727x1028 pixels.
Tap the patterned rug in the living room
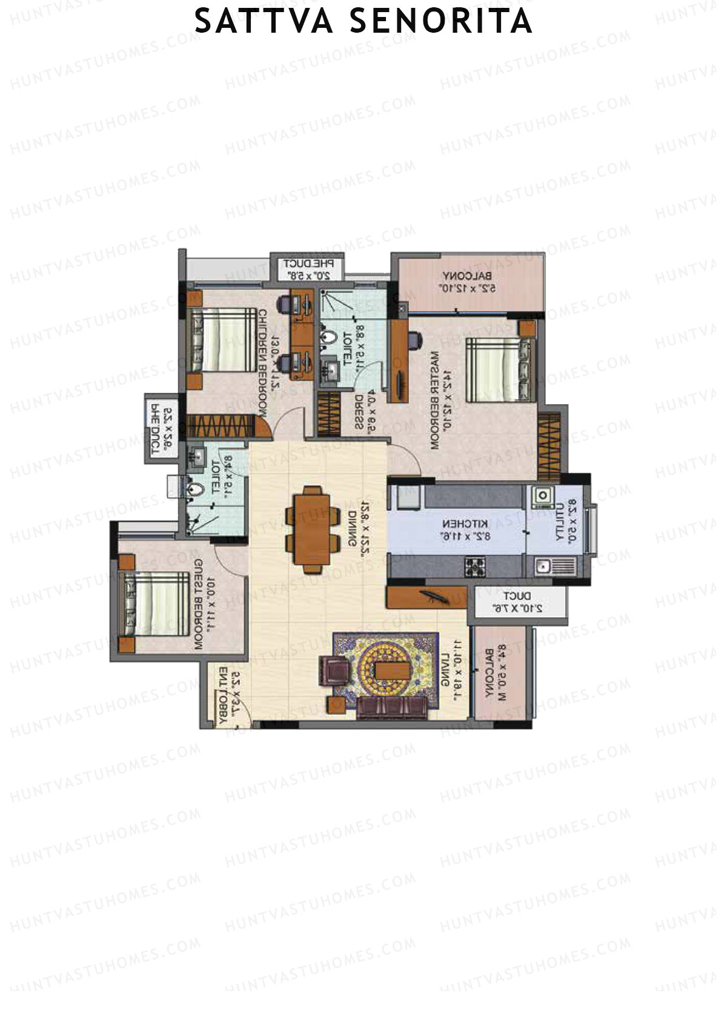[x=386, y=669]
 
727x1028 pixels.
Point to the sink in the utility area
[x=543, y=567]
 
